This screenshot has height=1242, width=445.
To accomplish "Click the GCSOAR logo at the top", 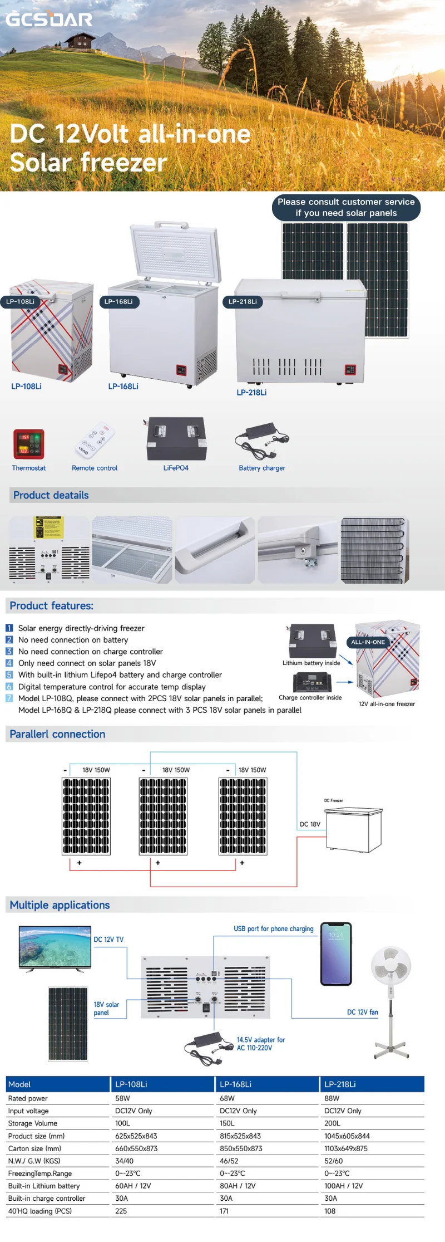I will pyautogui.click(x=49, y=19).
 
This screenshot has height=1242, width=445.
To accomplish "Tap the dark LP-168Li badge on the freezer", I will pyautogui.click(x=118, y=301).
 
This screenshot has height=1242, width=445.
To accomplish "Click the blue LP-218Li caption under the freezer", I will pyautogui.click(x=251, y=392).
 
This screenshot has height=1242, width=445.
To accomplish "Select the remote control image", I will pyautogui.click(x=95, y=440).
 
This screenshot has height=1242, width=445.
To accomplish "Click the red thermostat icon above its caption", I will pyautogui.click(x=28, y=444).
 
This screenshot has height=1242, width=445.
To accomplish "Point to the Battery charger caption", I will pyautogui.click(x=262, y=468).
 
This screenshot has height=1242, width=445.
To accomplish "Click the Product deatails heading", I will pyautogui.click(x=51, y=495).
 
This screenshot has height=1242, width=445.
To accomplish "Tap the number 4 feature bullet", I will pyautogui.click(x=9, y=663).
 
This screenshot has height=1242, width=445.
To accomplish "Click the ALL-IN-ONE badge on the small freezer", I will pyautogui.click(x=368, y=642).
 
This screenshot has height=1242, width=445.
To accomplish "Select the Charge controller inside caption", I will pyautogui.click(x=310, y=697).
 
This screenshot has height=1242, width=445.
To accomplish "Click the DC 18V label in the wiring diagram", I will pyautogui.click(x=310, y=824).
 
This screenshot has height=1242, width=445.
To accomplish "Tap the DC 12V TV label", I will pyautogui.click(x=108, y=939).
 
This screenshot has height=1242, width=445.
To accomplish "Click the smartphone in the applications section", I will pyautogui.click(x=336, y=953).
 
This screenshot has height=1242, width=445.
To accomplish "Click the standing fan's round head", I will pyautogui.click(x=391, y=965).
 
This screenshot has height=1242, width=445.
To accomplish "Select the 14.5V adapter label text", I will pyautogui.click(x=260, y=1043).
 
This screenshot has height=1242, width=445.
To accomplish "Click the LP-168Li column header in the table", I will pyautogui.click(x=236, y=1084).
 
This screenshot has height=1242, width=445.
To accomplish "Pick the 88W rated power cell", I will pyautogui.click(x=332, y=1098).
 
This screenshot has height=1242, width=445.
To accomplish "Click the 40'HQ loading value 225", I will pyautogui.click(x=121, y=1211).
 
